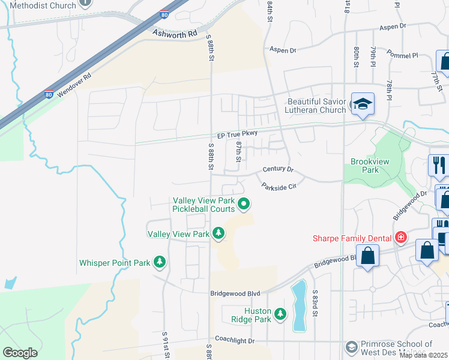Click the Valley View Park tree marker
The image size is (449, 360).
219,233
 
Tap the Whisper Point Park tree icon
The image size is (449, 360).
159,262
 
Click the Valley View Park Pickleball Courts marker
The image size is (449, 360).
244,205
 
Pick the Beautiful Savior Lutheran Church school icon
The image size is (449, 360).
363,105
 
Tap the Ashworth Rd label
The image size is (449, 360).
175,34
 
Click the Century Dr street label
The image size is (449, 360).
278,170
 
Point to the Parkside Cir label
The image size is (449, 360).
279,187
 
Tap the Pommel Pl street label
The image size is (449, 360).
403,55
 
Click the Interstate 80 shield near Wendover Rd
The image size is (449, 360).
49,94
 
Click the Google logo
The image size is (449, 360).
20,353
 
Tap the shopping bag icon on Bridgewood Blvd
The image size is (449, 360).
368,254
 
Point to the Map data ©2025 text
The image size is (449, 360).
423,355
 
